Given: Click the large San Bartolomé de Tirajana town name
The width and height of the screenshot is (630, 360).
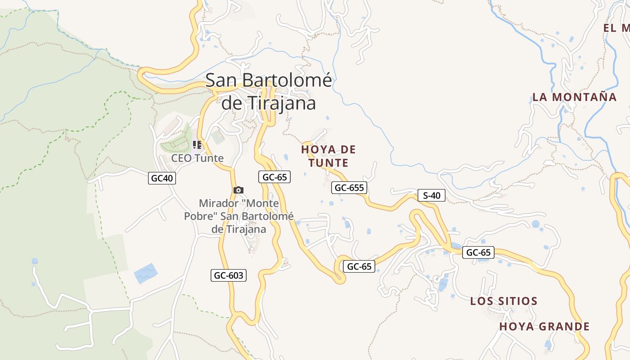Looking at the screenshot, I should point(269,91).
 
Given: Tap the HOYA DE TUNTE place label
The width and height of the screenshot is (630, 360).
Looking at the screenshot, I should point(328,156).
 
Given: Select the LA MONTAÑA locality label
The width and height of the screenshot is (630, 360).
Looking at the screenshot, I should point(574,97).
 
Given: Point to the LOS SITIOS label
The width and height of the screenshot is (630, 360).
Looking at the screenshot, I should point(504,301).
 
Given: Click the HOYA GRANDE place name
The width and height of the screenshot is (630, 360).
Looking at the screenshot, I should point(544,326).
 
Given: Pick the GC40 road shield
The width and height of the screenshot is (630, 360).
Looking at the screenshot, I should point(162,178).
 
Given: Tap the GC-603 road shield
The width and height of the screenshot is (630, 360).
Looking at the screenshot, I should point(229,275).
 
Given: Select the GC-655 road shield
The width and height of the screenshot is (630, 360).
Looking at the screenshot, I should point(349,188).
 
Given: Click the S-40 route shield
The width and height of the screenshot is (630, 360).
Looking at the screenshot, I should point(432,195).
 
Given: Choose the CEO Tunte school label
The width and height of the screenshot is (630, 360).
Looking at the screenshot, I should point(197,158).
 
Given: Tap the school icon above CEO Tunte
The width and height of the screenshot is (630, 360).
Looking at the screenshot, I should point(197,145).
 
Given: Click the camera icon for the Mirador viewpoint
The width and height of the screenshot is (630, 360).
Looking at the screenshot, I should point(238,190).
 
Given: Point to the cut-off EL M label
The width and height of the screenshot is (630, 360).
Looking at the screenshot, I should point(616,28).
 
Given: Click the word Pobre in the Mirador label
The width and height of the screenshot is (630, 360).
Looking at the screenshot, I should point(198,216).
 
